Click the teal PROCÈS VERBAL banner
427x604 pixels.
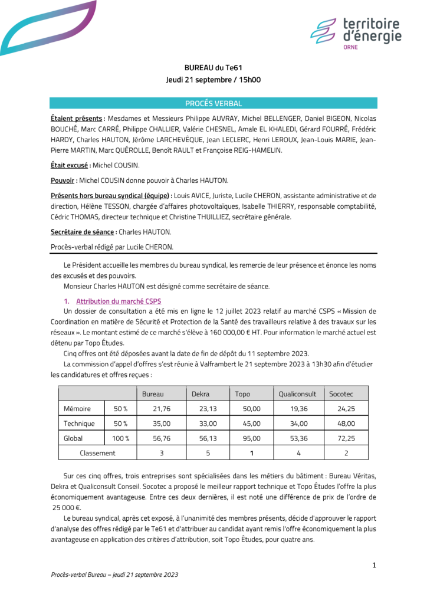(x=213, y=103)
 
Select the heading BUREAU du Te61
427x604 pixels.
(x=213, y=68)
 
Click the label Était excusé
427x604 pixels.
(x=70, y=166)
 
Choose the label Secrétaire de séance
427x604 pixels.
(x=82, y=232)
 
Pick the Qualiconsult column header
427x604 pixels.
(x=297, y=393)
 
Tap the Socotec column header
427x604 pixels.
(x=339, y=393)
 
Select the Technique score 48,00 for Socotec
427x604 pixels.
(x=346, y=423)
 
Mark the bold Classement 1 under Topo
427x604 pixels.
(x=251, y=453)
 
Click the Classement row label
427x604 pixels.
(x=97, y=453)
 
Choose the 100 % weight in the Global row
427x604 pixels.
(x=120, y=438)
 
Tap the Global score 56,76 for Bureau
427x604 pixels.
(x=161, y=438)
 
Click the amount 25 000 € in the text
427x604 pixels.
(x=67, y=507)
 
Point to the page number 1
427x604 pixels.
(x=374, y=566)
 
